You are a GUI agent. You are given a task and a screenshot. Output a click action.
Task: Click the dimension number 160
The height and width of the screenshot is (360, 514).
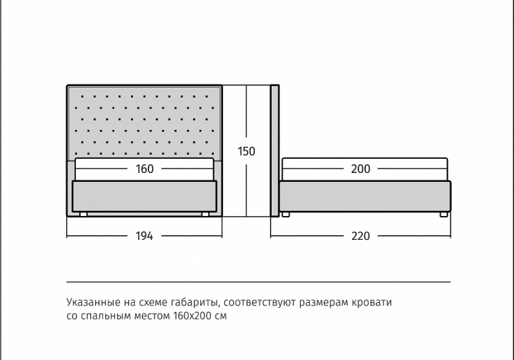[x=145, y=169]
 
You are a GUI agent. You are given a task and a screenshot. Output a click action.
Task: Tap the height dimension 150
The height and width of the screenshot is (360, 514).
[x=246, y=152]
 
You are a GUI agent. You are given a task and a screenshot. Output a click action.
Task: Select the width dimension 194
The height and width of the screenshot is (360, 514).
[x=144, y=236]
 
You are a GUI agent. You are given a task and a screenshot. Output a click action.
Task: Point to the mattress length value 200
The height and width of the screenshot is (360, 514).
[x=360, y=169]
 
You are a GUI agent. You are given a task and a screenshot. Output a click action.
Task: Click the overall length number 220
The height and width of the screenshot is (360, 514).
[x=360, y=236]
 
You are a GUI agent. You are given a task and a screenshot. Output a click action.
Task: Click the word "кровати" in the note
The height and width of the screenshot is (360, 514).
[x=372, y=302]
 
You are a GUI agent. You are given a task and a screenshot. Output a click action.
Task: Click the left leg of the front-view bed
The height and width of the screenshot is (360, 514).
[x=84, y=215]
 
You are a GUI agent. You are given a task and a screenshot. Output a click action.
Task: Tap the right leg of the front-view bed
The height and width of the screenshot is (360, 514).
[x=206, y=215]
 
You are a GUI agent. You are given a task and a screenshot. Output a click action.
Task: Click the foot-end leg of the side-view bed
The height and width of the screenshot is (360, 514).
[x=443, y=215]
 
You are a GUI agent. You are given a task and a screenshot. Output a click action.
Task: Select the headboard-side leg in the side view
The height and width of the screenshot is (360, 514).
[x=285, y=215]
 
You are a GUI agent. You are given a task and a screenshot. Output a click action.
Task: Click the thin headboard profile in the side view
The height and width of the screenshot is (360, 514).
[x=275, y=151]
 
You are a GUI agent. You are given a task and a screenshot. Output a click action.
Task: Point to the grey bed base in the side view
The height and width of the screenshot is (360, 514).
[x=365, y=197]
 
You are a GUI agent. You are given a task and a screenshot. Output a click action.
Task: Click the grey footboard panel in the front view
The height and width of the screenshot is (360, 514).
[x=144, y=196]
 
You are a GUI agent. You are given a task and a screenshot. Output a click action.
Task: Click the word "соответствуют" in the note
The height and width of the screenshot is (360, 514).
[x=260, y=302]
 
